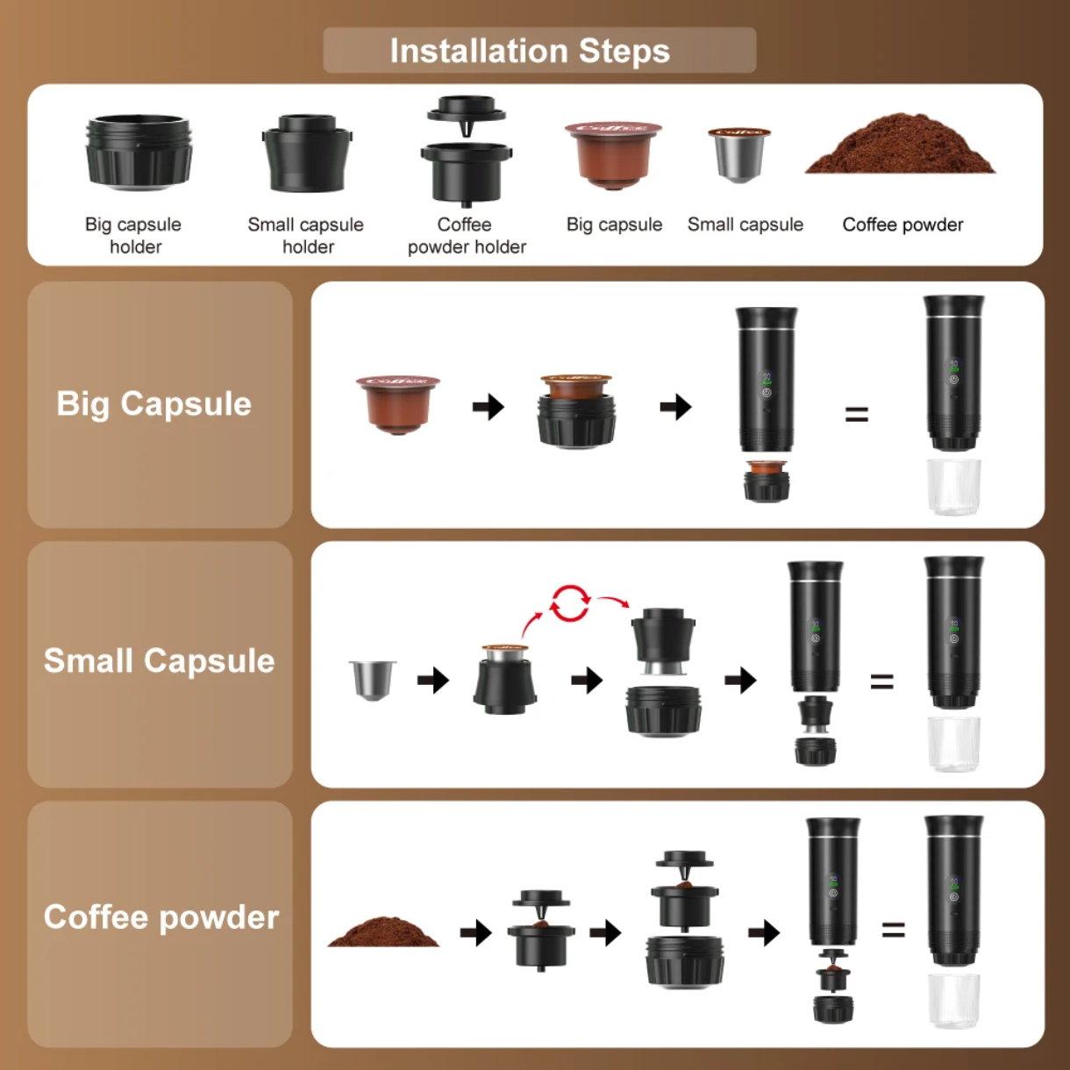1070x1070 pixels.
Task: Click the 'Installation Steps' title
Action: coord(530,51)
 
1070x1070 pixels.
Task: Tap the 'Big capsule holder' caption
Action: coord(134,235)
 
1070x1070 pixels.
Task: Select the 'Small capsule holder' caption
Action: coord(306,235)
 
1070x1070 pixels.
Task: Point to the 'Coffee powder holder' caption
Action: coord(466,235)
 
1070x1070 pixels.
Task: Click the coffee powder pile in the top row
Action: coord(900,147)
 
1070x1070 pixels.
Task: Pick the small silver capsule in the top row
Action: coord(739,154)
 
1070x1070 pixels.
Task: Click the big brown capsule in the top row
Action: coord(613,154)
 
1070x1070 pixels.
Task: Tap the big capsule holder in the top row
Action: coord(139,151)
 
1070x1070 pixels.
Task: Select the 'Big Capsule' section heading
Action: coord(154,403)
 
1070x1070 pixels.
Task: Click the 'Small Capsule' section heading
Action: coord(160,660)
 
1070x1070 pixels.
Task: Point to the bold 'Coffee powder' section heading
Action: coord(161,917)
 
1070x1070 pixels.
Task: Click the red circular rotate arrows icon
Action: coord(569,603)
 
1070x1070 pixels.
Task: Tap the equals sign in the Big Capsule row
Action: coord(857,414)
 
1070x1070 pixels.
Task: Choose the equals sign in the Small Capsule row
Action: coord(881,681)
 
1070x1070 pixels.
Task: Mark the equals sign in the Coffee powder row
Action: coord(893,930)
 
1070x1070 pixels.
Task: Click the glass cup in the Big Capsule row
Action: coord(953,486)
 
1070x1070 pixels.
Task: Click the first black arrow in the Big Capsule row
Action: coord(489,407)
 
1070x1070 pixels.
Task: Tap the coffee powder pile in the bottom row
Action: coord(383,931)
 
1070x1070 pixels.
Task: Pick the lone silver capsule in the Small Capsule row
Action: coord(373,680)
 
